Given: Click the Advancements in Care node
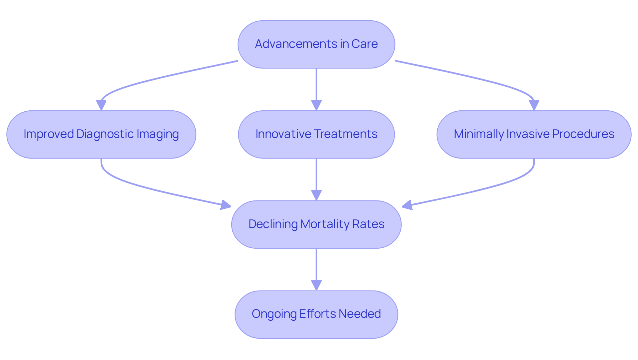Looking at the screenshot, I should (x=316, y=44).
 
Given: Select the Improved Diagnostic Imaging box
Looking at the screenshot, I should (x=101, y=134).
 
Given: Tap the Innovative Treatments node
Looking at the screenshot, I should (x=316, y=134).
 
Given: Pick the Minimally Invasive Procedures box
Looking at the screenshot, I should (x=534, y=134).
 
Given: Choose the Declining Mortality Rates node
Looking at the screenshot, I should (x=316, y=224).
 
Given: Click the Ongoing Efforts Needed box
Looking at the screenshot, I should (x=316, y=314).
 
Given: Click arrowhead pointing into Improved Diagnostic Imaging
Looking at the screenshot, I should (x=101, y=105).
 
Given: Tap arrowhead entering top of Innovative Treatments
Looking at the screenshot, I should (x=316, y=105).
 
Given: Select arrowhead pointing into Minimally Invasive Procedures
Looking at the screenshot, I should (x=534, y=105).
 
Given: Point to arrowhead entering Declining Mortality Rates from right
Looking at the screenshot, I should (x=407, y=205).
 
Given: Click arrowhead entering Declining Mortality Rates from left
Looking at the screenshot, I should (x=226, y=205).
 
